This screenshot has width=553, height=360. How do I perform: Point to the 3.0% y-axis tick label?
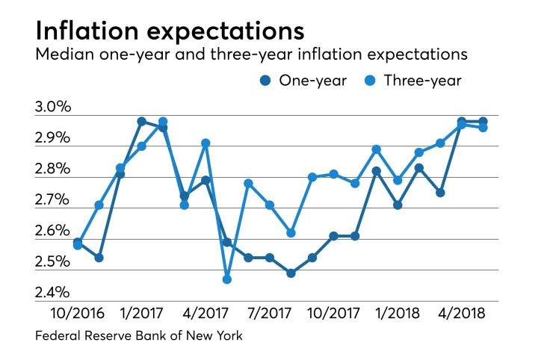53,108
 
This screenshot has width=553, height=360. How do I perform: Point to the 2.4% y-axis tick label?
53,293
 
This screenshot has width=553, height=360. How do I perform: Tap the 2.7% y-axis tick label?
53,201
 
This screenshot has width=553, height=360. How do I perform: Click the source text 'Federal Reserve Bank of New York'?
139,337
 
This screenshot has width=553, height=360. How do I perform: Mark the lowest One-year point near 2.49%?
291,273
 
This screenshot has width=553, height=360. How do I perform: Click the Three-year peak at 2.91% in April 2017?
206,143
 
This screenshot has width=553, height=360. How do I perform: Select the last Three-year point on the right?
483,128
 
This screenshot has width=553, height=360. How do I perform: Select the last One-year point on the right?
483,122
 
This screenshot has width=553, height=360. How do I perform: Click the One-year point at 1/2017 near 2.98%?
141,122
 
